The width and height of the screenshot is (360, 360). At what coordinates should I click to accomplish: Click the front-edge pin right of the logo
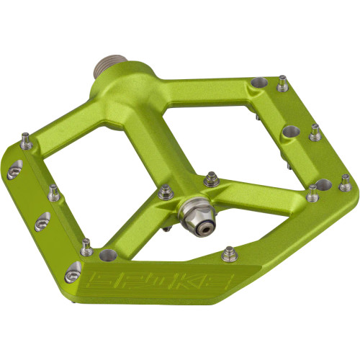pos(229,253)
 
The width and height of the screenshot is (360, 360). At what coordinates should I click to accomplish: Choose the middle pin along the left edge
pos(53,193)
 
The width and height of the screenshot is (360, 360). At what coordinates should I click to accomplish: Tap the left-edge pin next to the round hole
pos(86,245)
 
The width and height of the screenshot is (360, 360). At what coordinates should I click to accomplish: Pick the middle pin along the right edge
pos(315,132)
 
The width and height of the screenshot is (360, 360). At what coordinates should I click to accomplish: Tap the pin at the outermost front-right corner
pos(346,182)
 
